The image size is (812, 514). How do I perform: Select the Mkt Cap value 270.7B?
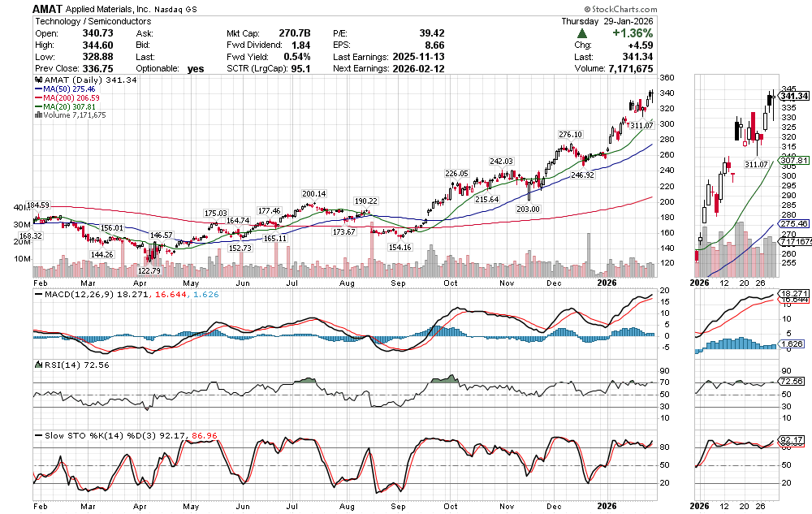click(294, 32)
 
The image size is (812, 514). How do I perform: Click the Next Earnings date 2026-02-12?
click(422, 69)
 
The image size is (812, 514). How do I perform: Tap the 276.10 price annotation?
click(570, 134)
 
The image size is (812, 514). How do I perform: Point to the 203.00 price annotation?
click(528, 209)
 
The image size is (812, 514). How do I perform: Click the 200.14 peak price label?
click(313, 194)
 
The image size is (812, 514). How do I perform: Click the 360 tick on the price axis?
click(667, 78)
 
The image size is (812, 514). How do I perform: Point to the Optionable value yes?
click(195, 69)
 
